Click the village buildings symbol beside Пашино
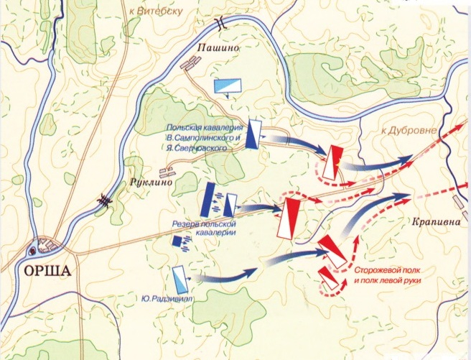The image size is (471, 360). pyautogui.click(x=188, y=65)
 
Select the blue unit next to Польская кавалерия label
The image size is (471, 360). pyautogui.click(x=253, y=133)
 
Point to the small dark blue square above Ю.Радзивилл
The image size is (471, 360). pyautogui.click(x=176, y=241)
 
